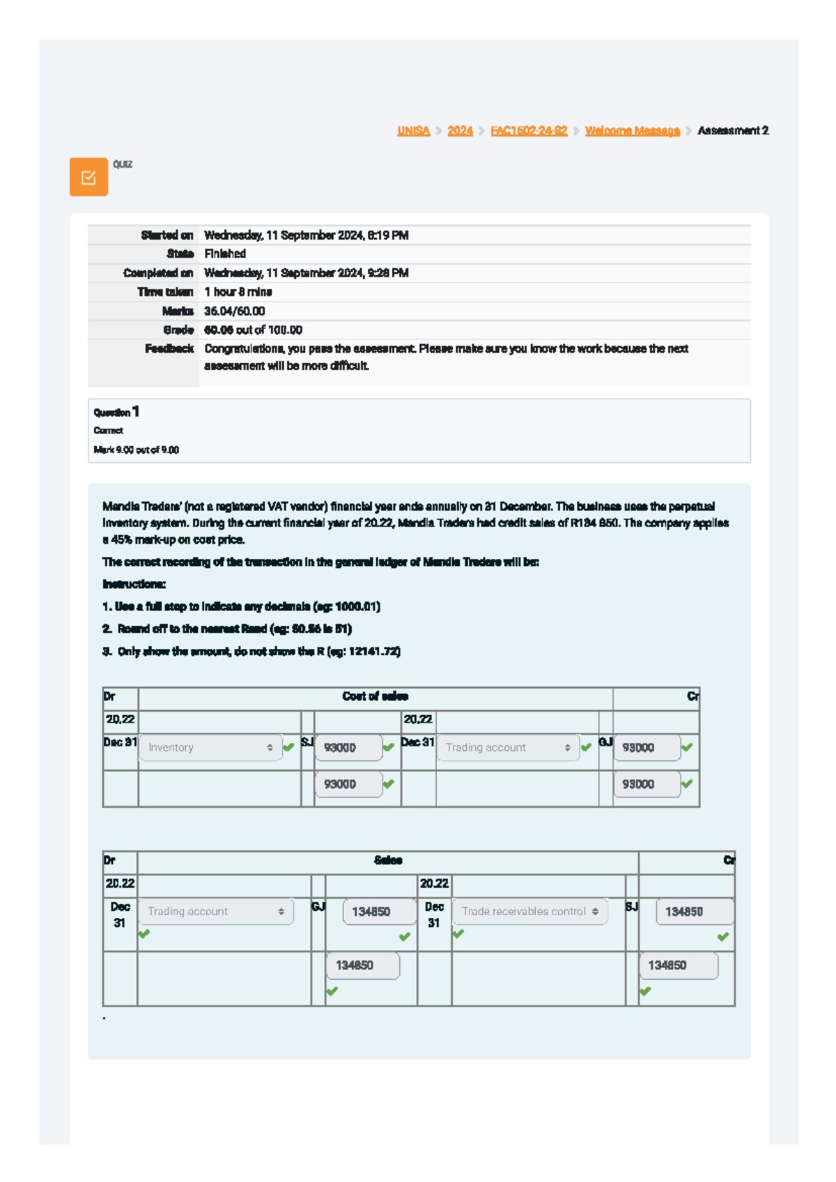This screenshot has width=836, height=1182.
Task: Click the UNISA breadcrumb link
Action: [x=413, y=131]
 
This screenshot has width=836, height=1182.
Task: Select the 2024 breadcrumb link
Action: [x=460, y=131]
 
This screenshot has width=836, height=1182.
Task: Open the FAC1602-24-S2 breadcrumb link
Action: [x=529, y=131]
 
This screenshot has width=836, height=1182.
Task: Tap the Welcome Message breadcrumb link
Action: [x=632, y=131]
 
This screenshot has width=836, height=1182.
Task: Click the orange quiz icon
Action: [x=88, y=177]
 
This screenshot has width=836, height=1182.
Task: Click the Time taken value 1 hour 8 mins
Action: [x=238, y=292]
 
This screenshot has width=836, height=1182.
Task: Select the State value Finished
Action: [x=224, y=254]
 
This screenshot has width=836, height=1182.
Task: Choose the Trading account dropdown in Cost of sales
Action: [x=508, y=748]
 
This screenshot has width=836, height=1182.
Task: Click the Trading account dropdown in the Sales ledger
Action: [x=215, y=912]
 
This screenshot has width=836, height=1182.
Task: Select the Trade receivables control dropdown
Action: [x=529, y=912]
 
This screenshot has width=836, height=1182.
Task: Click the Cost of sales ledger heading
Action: [x=375, y=696]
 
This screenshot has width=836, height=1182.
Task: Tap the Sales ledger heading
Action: [x=387, y=861]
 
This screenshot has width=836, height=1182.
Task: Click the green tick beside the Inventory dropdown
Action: [x=288, y=748]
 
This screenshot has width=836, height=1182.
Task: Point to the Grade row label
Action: [x=178, y=330]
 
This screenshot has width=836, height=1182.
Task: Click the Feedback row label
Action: [x=169, y=348]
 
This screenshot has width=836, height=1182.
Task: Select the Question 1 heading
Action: [x=116, y=412]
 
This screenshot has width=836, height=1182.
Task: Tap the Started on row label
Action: [x=167, y=236]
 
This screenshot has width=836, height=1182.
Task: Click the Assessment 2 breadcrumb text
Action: [x=733, y=131]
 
